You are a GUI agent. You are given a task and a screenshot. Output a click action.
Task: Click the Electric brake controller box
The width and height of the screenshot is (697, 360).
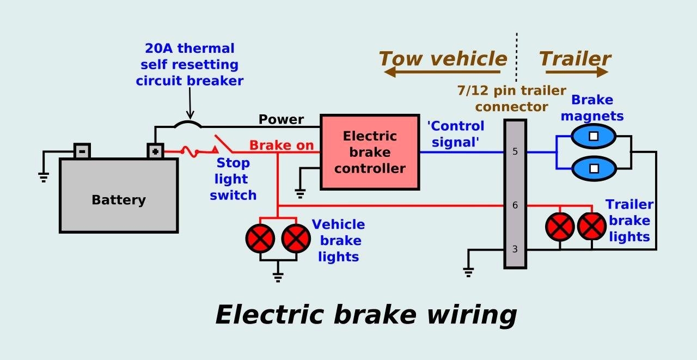click(x=370, y=152)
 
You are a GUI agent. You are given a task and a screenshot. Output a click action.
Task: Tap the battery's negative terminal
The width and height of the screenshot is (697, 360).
click(x=82, y=150)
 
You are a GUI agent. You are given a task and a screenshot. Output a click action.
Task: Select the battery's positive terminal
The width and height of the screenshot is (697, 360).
click(x=155, y=151)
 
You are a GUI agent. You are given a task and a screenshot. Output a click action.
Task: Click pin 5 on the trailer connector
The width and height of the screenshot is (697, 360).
click(x=515, y=152)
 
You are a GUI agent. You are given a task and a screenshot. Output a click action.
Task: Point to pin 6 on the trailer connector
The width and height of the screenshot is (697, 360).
click(x=515, y=206)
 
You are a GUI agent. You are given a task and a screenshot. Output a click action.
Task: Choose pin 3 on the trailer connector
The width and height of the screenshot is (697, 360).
click(x=515, y=249)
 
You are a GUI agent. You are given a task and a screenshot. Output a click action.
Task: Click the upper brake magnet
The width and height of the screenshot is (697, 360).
click(x=593, y=136)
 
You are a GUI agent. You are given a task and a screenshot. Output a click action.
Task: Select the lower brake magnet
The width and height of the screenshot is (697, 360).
click(x=593, y=168)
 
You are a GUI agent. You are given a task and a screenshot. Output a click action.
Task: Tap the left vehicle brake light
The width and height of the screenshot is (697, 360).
click(x=260, y=237)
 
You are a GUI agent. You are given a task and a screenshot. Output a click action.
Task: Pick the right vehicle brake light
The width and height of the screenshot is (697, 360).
click(x=296, y=237)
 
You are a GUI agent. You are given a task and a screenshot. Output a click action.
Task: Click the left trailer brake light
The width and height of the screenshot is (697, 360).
click(x=560, y=227)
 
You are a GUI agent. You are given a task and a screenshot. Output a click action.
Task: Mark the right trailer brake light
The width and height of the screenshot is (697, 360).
click(x=592, y=227)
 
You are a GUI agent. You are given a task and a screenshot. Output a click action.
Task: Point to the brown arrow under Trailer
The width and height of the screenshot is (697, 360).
click(x=576, y=72)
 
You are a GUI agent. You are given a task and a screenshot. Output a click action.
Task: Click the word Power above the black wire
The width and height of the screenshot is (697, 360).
click(x=281, y=119)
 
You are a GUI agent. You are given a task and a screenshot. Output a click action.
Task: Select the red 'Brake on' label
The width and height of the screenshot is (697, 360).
click(x=282, y=145)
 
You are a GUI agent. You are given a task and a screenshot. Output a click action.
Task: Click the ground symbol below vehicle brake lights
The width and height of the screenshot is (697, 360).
click(x=278, y=277)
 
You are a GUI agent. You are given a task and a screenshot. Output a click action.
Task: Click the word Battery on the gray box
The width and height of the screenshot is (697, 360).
click(x=119, y=200)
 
